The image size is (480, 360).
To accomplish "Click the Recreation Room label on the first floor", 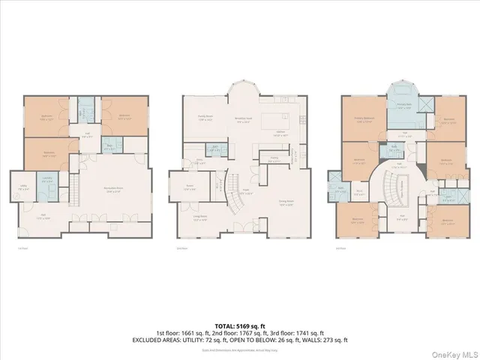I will click(x=115, y=192).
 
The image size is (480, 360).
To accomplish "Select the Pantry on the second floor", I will click(x=274, y=158).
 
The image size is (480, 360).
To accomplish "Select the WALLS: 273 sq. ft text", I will click(x=326, y=340).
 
